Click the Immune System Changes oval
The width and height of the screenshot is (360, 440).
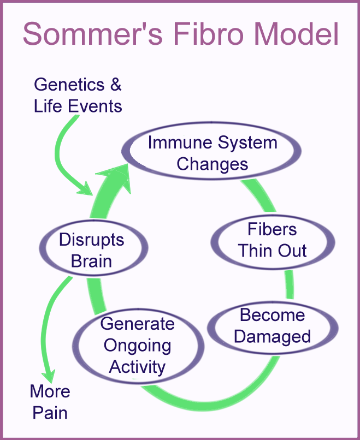pyautogui.click(x=213, y=153)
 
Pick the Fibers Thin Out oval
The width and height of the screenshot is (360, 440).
pyautogui.click(x=273, y=240)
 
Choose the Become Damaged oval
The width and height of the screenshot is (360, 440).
pyautogui.click(x=272, y=325)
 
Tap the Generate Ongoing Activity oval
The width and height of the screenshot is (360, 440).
pyautogui.click(x=138, y=345)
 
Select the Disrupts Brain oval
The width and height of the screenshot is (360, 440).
pyautogui.click(x=92, y=251)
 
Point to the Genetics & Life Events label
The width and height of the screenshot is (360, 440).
pyautogui.click(x=78, y=95)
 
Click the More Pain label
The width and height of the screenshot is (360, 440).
pyautogui.click(x=50, y=402)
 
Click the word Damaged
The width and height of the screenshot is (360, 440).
pyautogui.click(x=272, y=336)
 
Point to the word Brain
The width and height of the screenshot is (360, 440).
pyautogui.click(x=92, y=261)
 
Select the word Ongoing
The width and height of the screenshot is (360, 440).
pyautogui.click(x=138, y=345)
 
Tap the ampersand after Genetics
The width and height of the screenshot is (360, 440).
pyautogui.click(x=115, y=85)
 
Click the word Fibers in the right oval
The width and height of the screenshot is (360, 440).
pyautogui.click(x=273, y=229)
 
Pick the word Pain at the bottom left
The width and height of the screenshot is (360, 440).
pyautogui.click(x=50, y=413)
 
